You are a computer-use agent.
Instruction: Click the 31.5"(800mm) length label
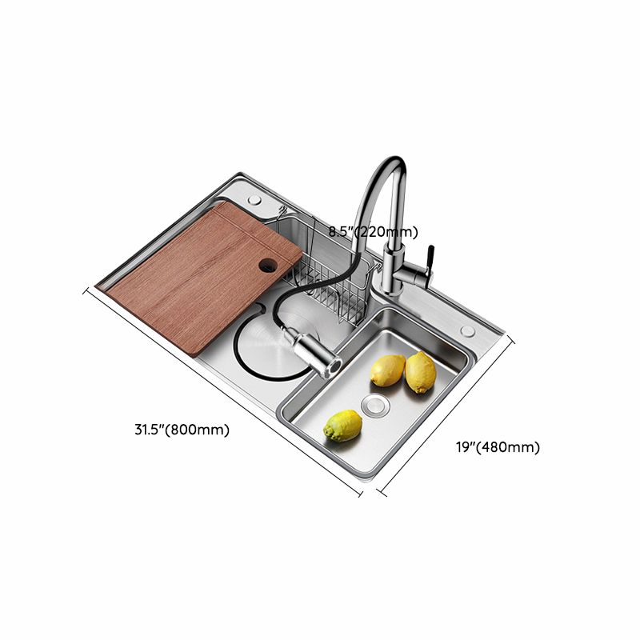tap(182, 430)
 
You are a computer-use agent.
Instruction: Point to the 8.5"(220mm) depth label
tap(374, 232)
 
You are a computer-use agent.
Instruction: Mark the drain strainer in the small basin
tap(374, 404)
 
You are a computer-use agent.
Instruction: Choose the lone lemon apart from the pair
tap(342, 425)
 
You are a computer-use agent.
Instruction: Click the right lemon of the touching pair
tap(420, 372)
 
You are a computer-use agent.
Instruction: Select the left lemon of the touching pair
tap(388, 370)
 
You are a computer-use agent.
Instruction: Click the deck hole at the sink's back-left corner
tap(254, 198)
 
